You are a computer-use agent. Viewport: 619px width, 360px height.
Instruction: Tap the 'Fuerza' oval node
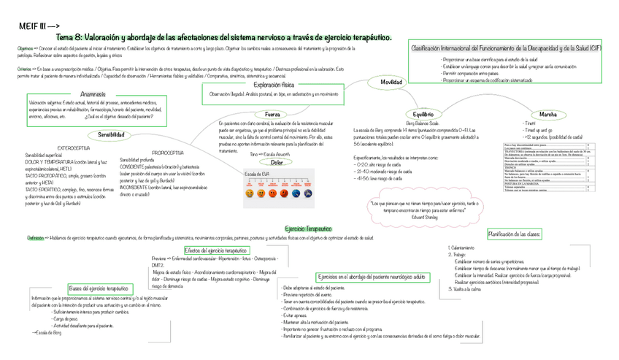[272, 115]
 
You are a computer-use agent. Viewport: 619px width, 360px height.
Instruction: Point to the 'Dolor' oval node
[277, 162]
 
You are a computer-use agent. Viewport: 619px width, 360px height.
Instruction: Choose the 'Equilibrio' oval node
[423, 115]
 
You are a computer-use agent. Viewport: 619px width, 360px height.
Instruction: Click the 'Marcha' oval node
[547, 115]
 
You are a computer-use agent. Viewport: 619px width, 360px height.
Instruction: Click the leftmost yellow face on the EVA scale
[250, 194]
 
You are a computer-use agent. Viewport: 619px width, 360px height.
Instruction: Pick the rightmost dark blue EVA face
[310, 194]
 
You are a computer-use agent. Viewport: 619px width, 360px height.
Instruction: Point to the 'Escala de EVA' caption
[257, 174]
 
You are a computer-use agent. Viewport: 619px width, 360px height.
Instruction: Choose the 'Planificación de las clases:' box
[514, 234]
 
